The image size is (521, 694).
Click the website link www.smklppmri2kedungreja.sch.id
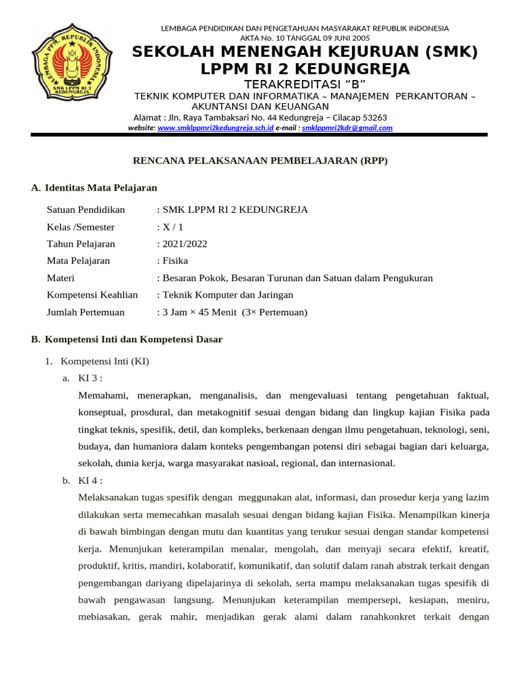(x=215, y=127)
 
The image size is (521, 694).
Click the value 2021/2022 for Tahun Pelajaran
(x=183, y=244)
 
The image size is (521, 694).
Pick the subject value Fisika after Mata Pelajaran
(x=174, y=261)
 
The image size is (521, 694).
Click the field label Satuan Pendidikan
(x=85, y=209)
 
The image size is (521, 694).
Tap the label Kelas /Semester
(x=81, y=227)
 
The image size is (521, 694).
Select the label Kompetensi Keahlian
(x=92, y=295)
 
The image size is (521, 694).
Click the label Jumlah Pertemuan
(x=85, y=312)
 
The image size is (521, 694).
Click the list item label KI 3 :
(x=90, y=378)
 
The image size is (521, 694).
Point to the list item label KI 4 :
(x=90, y=481)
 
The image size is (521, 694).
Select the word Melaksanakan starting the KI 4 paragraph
(x=109, y=497)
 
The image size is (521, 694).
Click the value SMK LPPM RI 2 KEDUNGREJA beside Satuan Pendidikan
(x=234, y=209)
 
